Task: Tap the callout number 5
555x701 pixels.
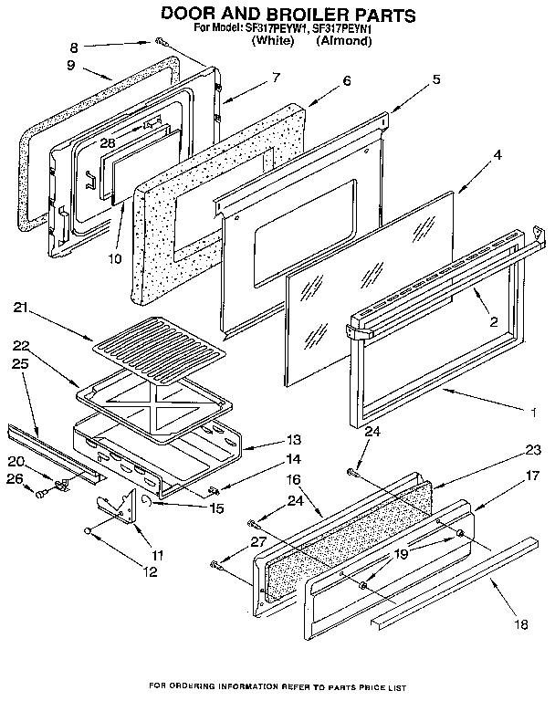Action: (x=436, y=79)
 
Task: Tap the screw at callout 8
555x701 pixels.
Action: (x=160, y=41)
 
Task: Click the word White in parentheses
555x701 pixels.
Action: (x=274, y=42)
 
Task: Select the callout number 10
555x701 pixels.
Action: (x=114, y=258)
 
